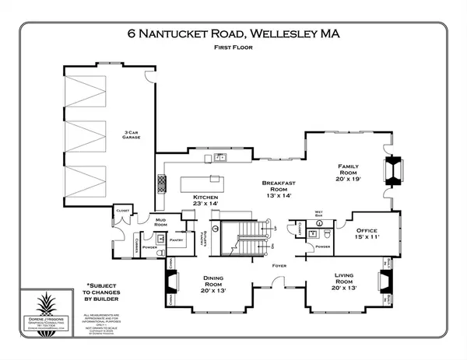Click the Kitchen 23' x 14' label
tap(206, 202)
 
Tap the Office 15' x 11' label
tap(367, 235)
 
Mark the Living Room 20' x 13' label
tap(345, 281)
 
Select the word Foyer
tap(279, 265)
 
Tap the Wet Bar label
tap(319, 212)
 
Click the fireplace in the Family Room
tap(393, 170)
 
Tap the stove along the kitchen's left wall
tap(162, 183)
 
